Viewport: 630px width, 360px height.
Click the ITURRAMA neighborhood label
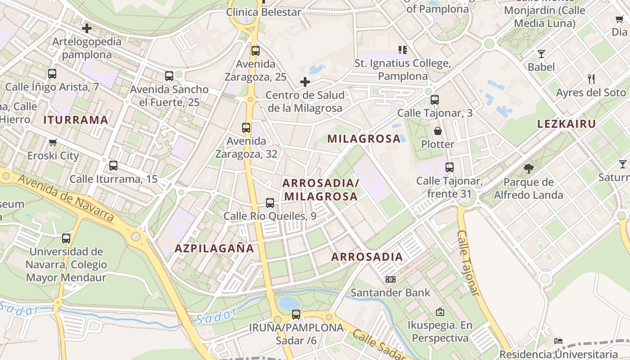[x=76, y=120]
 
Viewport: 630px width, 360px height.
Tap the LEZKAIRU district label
[x=567, y=124]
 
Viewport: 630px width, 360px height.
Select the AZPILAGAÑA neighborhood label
[x=214, y=248]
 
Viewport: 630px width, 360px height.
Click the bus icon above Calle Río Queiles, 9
[x=270, y=203]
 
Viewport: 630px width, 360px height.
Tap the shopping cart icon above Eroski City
[x=53, y=143]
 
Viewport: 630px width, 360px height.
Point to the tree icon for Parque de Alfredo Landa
[x=529, y=169]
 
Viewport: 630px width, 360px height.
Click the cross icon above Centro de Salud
[x=305, y=82]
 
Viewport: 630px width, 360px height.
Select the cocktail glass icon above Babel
[x=541, y=54]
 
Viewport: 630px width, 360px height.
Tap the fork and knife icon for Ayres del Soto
[x=591, y=80]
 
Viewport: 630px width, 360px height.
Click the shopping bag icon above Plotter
[x=437, y=131]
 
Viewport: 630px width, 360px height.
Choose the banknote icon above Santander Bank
[x=390, y=279]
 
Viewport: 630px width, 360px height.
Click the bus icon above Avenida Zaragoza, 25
[x=256, y=51]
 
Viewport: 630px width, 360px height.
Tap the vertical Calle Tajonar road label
[x=468, y=263]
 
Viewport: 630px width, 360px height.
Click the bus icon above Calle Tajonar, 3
[x=435, y=100]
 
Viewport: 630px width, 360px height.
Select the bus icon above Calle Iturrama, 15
[x=113, y=166]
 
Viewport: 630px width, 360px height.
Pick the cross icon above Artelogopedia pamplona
[x=87, y=29]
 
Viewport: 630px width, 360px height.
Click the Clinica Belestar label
[x=263, y=12]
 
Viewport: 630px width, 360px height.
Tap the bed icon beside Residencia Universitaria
[x=558, y=341]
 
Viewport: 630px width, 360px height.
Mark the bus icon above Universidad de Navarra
[x=66, y=238]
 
